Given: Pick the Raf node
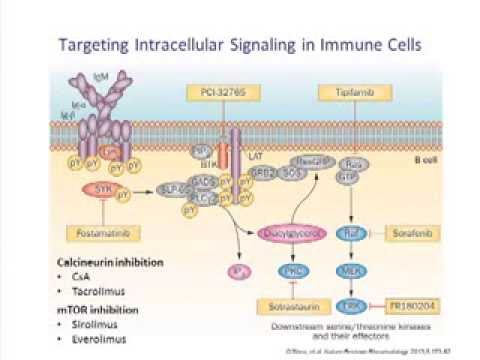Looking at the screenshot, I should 351,233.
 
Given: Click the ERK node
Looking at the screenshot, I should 351,304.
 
